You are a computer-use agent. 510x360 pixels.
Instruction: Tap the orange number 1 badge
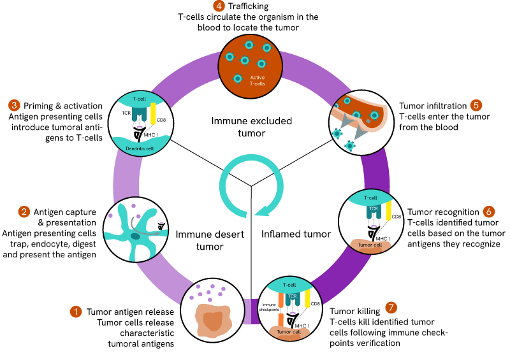pyautogui.click(x=76, y=312)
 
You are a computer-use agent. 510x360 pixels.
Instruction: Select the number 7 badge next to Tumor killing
pyautogui.click(x=391, y=306)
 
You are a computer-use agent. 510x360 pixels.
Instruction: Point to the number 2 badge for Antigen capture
pyautogui.click(x=24, y=211)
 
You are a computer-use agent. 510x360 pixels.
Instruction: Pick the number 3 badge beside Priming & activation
pyautogui.click(x=13, y=105)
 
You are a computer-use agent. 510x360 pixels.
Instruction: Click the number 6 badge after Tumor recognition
pyautogui.click(x=488, y=211)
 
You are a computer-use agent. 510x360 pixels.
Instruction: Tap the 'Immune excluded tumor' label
pyautogui.click(x=252, y=127)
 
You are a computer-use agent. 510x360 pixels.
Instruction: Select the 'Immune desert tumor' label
pyautogui.click(x=210, y=240)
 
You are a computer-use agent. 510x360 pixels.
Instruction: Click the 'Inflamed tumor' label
pyautogui.click(x=296, y=234)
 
